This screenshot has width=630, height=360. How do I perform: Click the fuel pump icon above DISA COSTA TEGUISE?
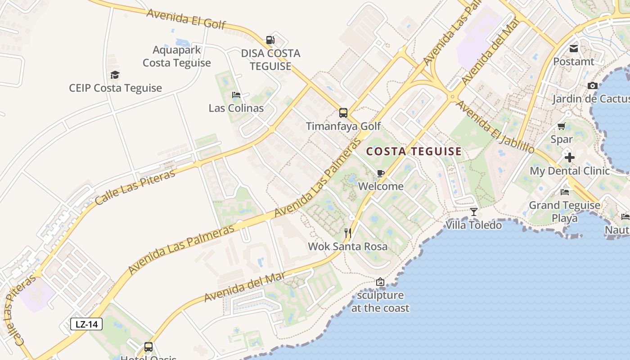(x=270, y=40)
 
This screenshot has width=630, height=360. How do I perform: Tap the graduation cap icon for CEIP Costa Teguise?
(x=115, y=75)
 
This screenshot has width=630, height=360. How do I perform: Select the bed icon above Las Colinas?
(x=236, y=95)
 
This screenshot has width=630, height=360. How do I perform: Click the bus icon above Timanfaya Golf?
(x=343, y=113)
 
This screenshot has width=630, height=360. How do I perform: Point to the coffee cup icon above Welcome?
(x=381, y=173)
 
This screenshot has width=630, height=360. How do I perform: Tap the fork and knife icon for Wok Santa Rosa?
(x=347, y=233)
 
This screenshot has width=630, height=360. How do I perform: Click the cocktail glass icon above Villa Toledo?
(x=473, y=211)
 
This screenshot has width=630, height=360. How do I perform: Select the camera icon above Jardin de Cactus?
(x=592, y=86)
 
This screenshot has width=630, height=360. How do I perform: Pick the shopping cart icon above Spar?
(x=561, y=126)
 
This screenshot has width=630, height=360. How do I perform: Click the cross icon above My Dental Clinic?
(x=570, y=157)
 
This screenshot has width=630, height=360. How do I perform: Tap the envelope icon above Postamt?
(x=574, y=49)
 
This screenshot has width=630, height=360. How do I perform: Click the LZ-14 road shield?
(x=86, y=324)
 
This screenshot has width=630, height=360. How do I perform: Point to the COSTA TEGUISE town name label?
(x=414, y=152)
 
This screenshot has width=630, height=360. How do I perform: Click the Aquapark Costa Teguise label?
(x=177, y=56)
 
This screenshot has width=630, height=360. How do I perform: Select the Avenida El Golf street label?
(x=186, y=18)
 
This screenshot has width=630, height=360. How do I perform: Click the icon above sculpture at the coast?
(x=380, y=282)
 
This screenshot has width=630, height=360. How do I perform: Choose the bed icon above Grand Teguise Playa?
(x=565, y=192)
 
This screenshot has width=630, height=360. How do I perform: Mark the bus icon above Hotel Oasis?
(x=148, y=347)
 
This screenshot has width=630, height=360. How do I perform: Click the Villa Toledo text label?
(x=474, y=225)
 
